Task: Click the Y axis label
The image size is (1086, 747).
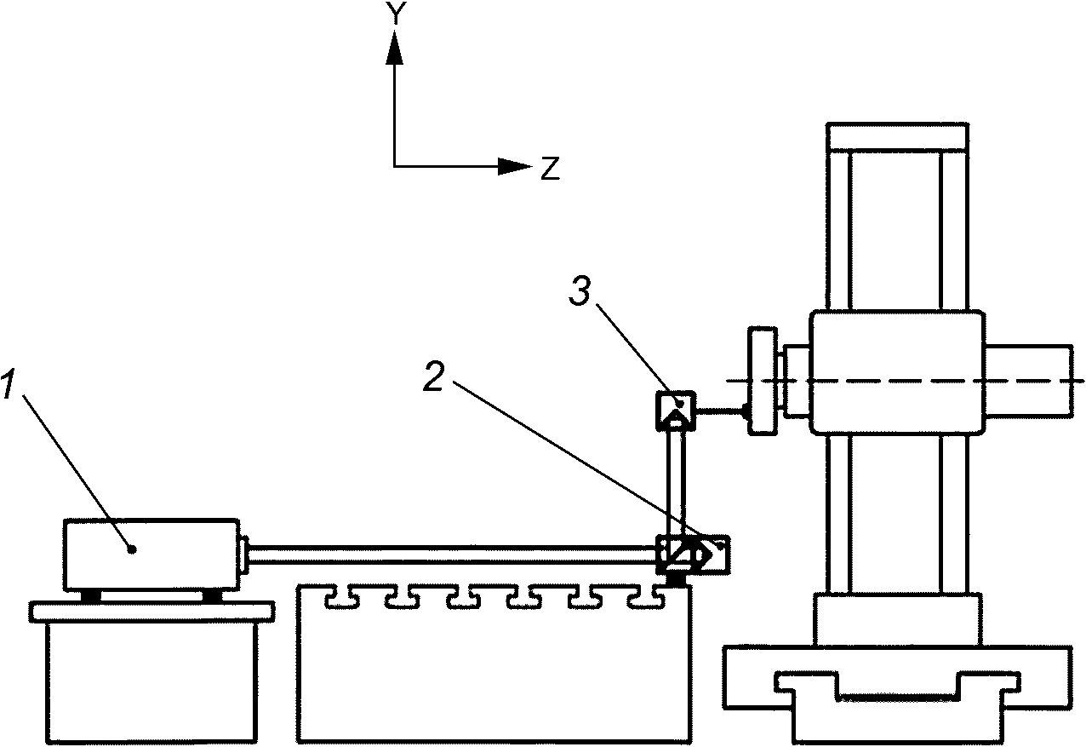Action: [397, 14]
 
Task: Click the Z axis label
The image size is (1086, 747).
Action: [551, 169]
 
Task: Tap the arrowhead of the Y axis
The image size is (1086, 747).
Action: [394, 47]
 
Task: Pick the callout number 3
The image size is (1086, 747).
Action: [580, 292]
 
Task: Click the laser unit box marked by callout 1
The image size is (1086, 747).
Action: [151, 555]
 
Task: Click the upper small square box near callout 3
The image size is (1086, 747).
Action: [676, 411]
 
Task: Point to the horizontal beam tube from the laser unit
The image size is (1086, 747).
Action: [452, 555]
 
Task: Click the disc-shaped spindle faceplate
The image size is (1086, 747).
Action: [763, 381]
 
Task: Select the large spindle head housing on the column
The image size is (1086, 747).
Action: [897, 372]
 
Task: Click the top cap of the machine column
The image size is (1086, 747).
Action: [897, 137]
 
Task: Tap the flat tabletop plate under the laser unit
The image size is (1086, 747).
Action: [151, 612]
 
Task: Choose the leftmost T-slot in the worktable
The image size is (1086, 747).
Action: [343, 598]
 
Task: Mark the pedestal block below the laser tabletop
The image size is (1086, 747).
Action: [151, 683]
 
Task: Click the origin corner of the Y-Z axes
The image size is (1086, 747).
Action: [394, 166]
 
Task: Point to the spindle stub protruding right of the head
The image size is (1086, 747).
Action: [1029, 380]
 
